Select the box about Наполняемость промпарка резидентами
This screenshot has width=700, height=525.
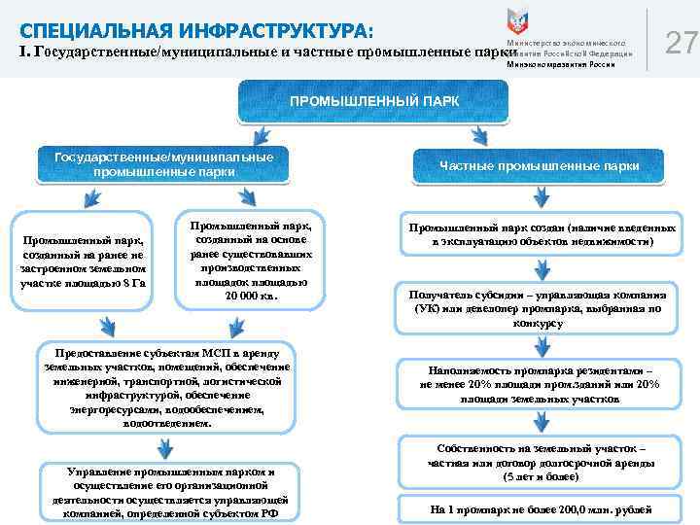(x=541, y=384)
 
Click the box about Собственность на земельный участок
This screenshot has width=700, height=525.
(x=541, y=464)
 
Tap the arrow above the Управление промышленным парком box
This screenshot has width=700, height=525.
(x=165, y=447)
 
